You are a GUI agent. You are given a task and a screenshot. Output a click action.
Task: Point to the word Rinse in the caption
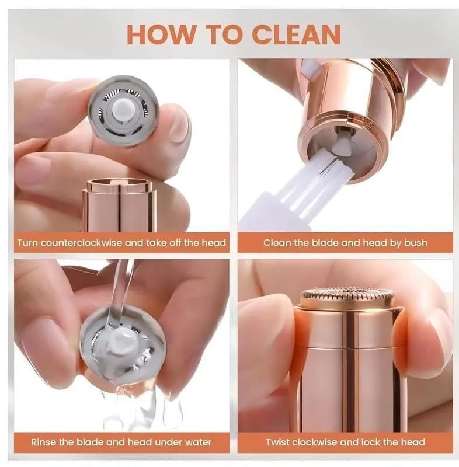(x=45, y=442)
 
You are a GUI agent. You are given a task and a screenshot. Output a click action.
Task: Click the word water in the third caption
(x=198, y=442)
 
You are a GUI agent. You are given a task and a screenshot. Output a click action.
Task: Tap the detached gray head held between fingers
(x=123, y=110)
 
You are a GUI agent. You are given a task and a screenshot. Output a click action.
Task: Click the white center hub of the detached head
(x=123, y=108)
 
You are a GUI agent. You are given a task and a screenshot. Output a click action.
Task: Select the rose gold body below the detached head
(x=119, y=204)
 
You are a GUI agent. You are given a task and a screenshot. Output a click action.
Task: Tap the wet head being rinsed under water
(x=123, y=344)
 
